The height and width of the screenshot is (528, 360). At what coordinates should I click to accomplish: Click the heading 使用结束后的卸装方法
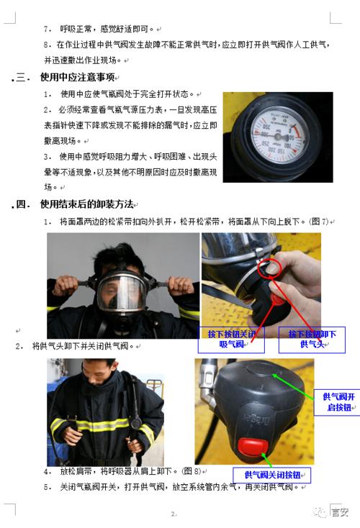point(86,205)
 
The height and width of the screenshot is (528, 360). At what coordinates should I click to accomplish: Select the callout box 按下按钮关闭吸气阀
point(230,340)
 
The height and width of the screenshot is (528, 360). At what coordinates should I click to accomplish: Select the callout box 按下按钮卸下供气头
point(313,340)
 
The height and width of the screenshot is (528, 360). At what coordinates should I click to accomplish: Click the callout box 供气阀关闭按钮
point(271,475)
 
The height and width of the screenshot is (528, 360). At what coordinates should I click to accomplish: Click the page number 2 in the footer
point(173,514)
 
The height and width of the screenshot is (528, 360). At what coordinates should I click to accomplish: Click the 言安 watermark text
point(338,513)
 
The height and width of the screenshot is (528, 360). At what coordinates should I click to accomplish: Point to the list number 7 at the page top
point(48,29)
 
